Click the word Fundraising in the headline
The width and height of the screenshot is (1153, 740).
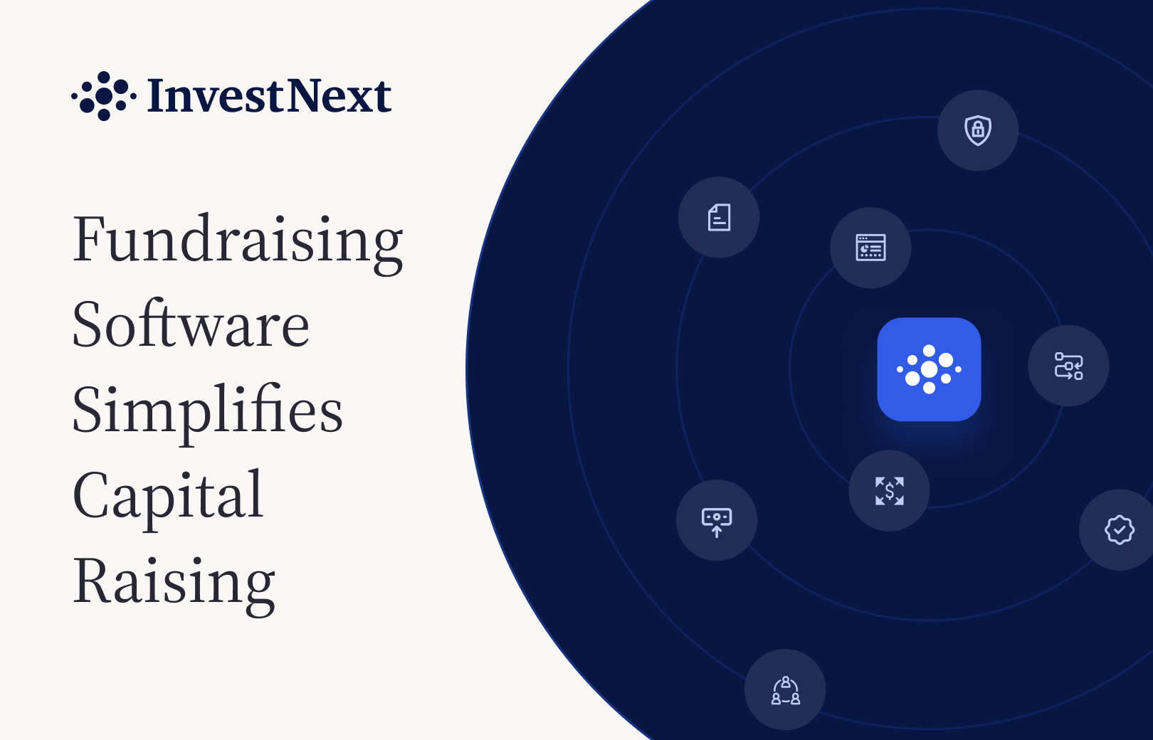pyautogui.click(x=238, y=243)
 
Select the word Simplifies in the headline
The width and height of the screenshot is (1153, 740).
pyautogui.click(x=207, y=413)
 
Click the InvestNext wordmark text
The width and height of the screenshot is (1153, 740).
pyautogui.click(x=269, y=96)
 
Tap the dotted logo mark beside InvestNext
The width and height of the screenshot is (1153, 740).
pyautogui.click(x=104, y=96)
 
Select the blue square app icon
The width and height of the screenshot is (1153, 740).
pyautogui.click(x=929, y=369)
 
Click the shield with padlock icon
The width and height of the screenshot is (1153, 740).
pyautogui.click(x=978, y=130)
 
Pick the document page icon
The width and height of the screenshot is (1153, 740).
pyautogui.click(x=719, y=217)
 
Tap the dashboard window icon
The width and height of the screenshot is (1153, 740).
pyautogui.click(x=870, y=248)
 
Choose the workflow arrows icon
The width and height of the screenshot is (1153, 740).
pyautogui.click(x=1068, y=366)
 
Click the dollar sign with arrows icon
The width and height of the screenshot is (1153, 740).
pyautogui.click(x=890, y=491)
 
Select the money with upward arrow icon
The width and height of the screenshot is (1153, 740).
pyautogui.click(x=717, y=522)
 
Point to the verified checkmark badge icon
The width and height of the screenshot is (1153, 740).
pyautogui.click(x=1120, y=529)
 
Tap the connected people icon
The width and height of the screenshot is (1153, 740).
pyautogui.click(x=786, y=690)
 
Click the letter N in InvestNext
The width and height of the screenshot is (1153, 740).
pyautogui.click(x=304, y=95)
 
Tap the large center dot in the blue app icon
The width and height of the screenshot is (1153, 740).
pyautogui.click(x=929, y=369)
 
